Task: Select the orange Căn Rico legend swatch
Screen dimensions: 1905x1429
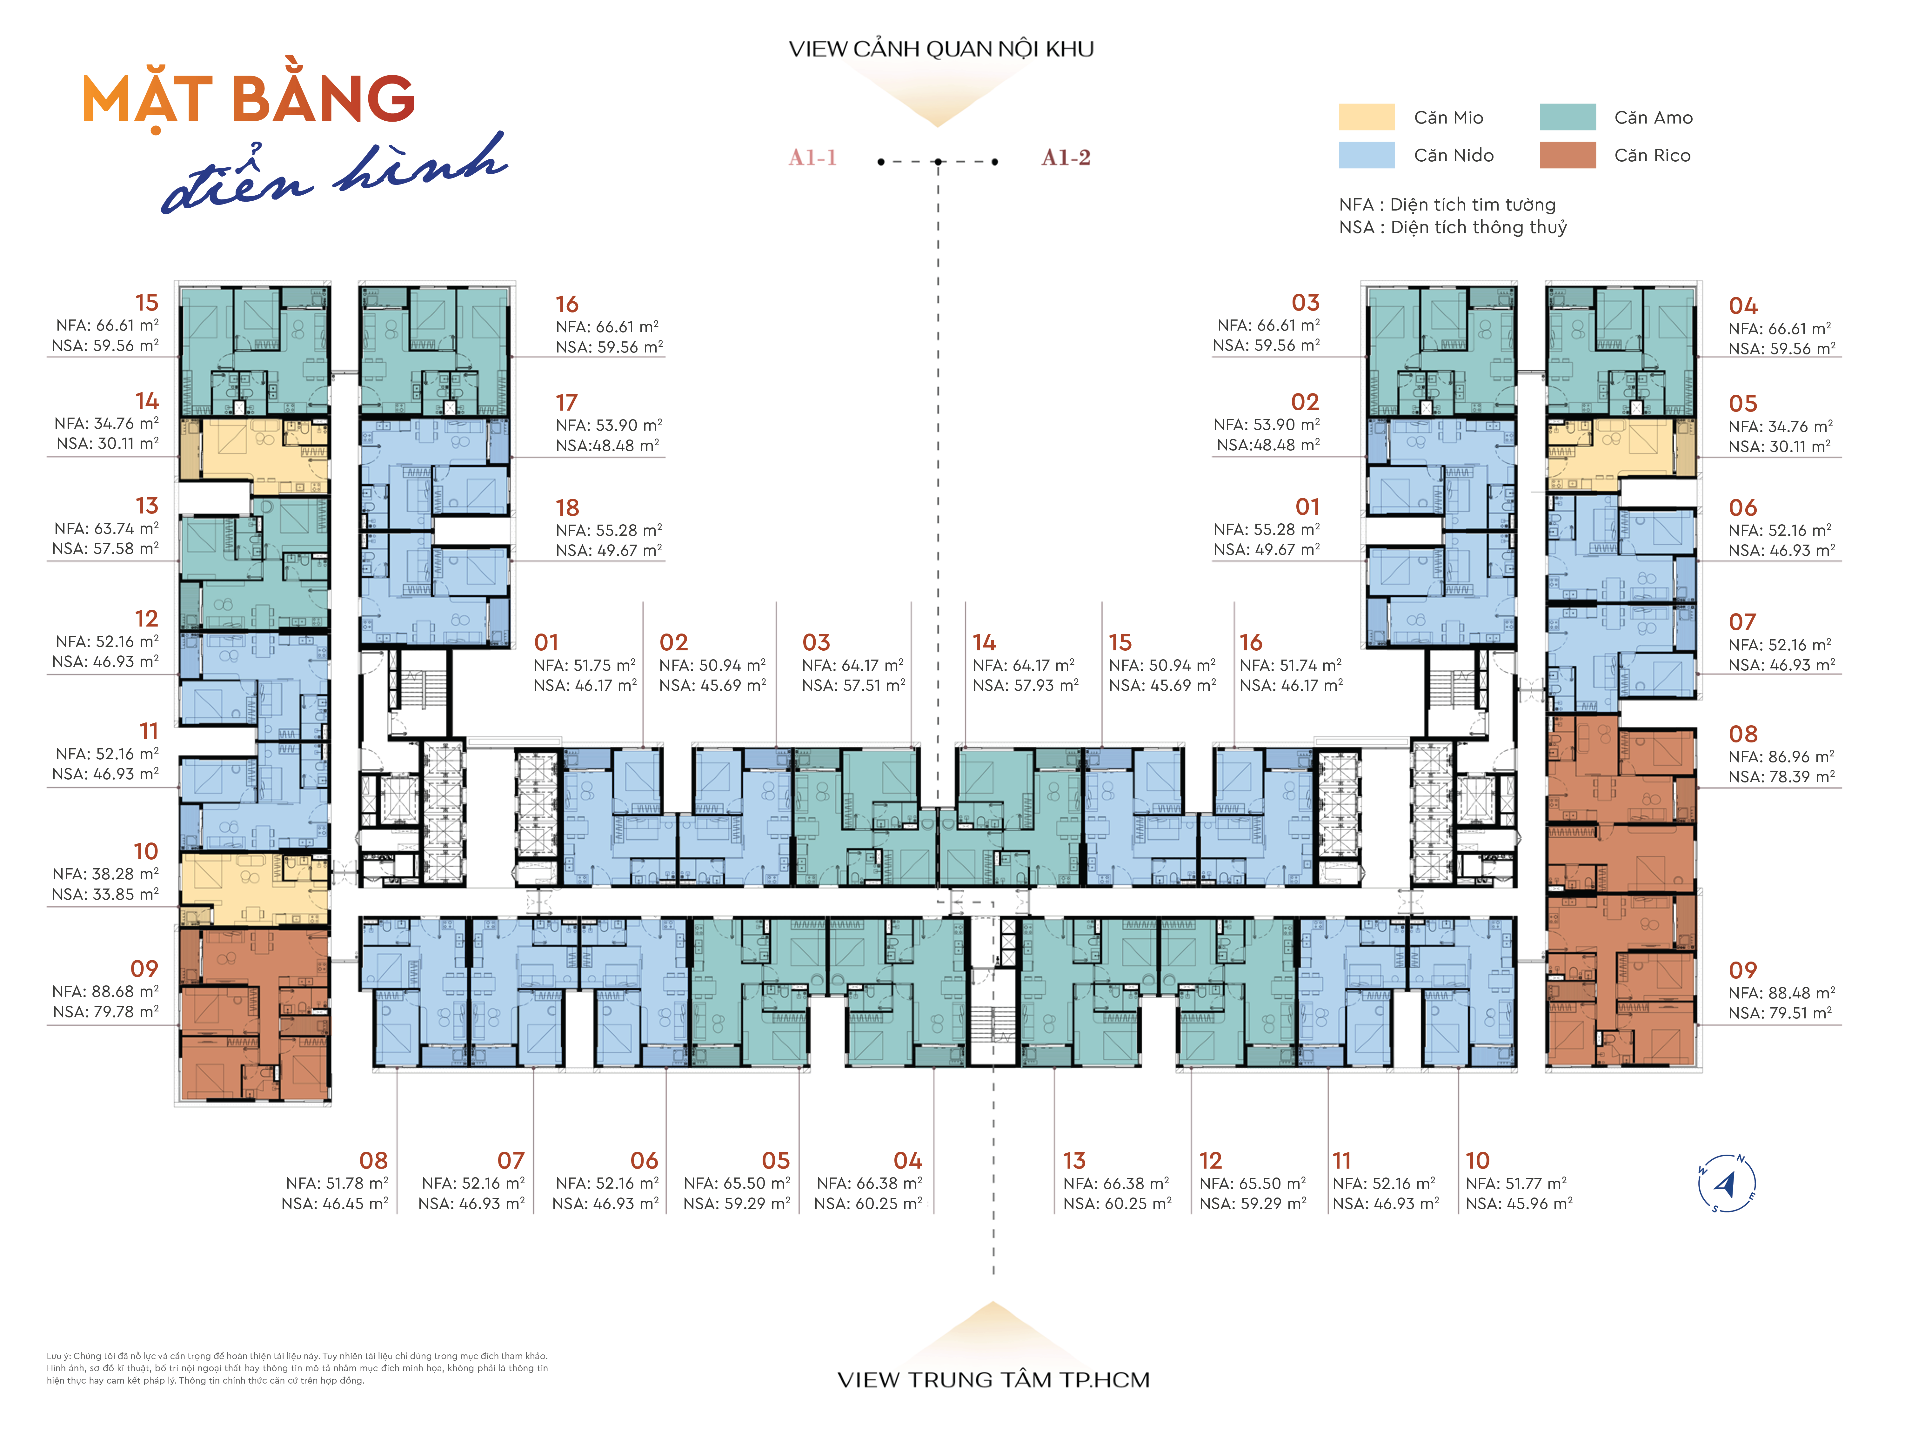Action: (1567, 155)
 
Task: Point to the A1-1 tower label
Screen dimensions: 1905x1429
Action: (813, 158)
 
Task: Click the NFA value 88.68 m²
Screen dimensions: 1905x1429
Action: (127, 991)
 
